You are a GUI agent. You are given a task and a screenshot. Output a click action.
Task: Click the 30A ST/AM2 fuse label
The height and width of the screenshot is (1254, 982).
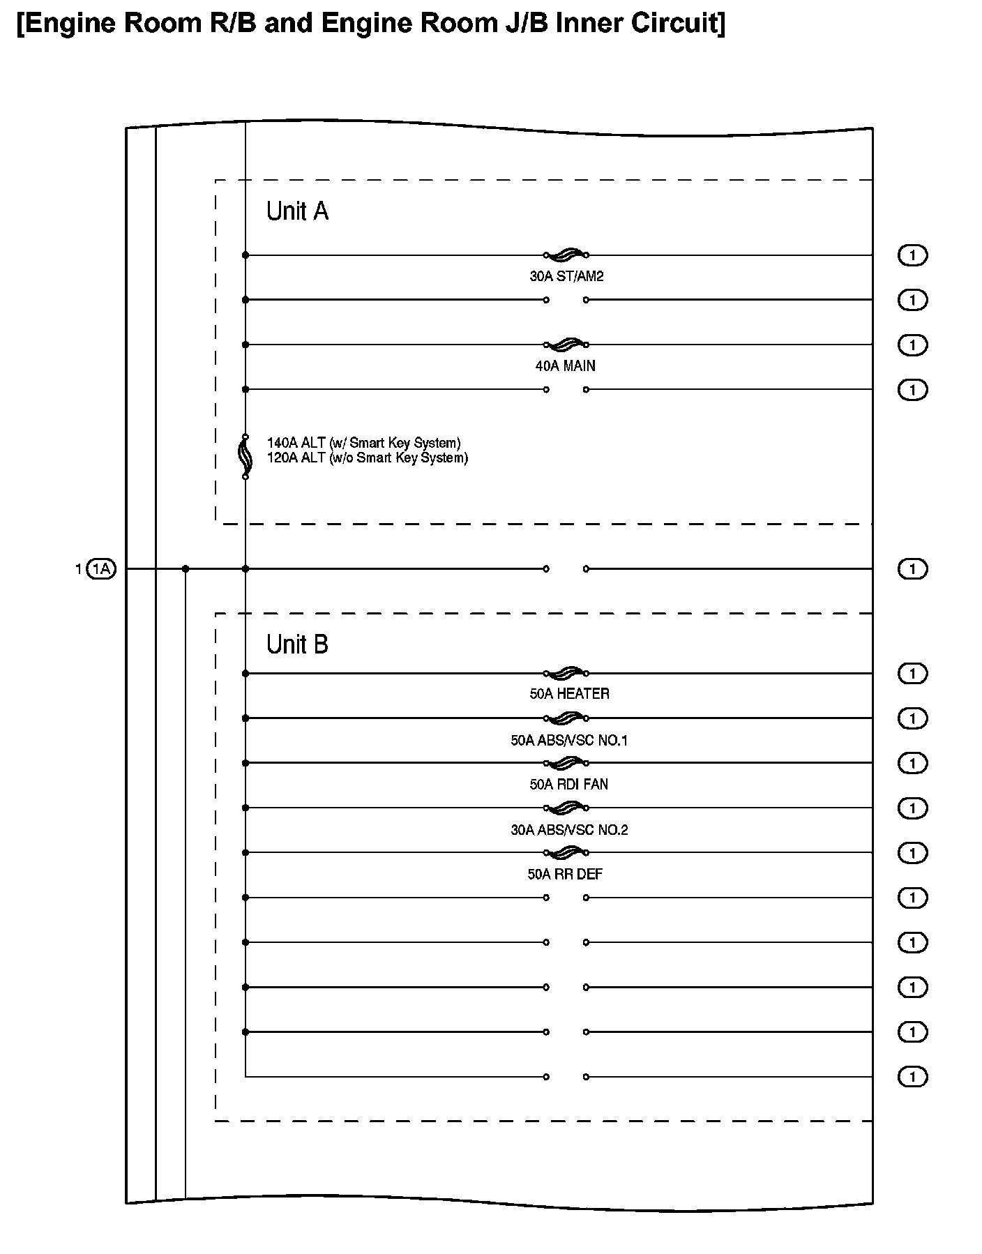pos(566,276)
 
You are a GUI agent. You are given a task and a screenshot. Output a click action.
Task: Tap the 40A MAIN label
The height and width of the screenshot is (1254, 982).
pos(565,365)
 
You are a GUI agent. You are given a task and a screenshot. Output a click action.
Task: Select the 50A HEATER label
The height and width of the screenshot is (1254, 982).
pos(569,694)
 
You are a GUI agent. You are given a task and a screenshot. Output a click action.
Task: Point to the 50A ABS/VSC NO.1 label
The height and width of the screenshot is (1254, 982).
pos(569,740)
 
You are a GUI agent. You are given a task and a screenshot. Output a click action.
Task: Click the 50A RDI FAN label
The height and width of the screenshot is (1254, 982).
pos(568,785)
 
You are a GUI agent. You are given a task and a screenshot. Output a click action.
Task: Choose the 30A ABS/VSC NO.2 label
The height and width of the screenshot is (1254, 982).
pos(569,829)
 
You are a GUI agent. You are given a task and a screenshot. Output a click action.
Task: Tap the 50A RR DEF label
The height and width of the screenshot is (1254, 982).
pos(565,874)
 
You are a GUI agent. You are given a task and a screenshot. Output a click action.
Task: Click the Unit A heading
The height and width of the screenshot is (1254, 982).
pos(297,211)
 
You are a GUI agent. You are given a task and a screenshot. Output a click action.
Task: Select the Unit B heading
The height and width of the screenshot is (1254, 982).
pos(297,644)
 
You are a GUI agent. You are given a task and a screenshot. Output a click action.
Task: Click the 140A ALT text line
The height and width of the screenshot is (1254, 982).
pos(363,443)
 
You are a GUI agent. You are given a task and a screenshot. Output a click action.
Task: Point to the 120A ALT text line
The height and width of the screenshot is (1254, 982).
pos(367,458)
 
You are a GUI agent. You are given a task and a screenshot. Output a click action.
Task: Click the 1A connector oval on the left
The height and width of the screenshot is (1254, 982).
pos(102,569)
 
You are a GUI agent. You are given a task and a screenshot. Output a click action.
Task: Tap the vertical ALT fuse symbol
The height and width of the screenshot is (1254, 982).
pos(245,457)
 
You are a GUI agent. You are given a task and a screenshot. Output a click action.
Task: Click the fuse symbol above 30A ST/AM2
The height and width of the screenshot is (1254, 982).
pos(566,255)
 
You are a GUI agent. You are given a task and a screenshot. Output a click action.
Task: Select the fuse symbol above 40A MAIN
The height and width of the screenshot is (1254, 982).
pos(566,344)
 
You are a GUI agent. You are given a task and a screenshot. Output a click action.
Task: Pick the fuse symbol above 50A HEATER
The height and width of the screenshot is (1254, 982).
pos(566,673)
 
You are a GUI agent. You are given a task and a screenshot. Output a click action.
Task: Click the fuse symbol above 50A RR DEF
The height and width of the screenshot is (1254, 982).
pos(566,852)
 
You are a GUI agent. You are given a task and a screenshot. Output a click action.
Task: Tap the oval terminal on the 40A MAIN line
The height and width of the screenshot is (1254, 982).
pos(912,345)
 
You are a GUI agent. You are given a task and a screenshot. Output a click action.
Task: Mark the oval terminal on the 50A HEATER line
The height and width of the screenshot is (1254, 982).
pos(912,674)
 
